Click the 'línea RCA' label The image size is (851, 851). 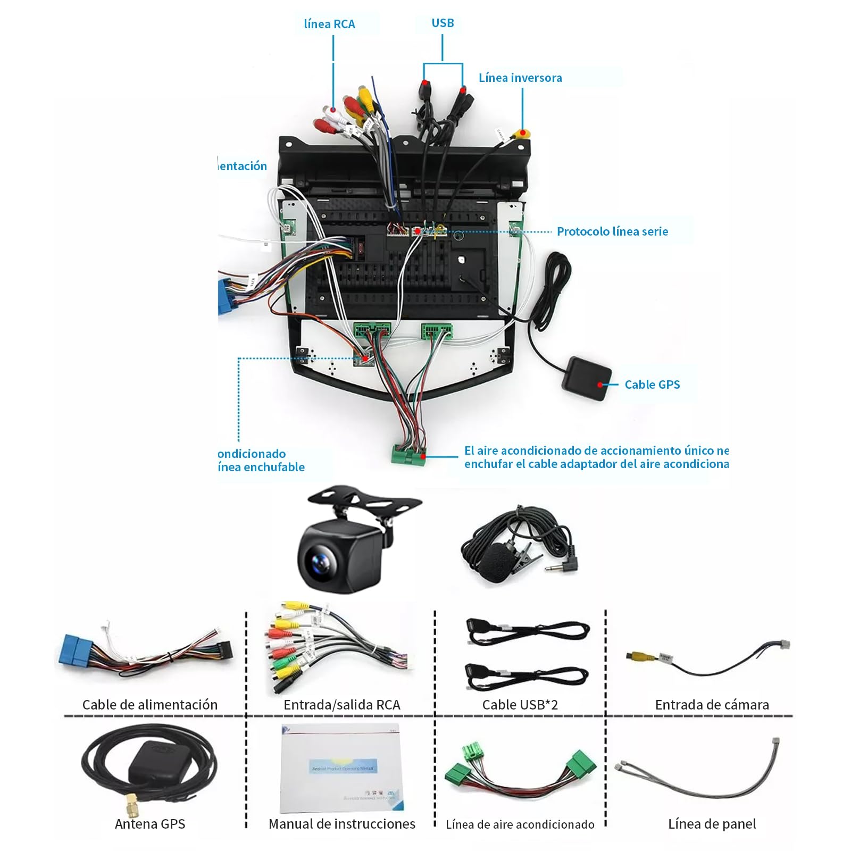329,24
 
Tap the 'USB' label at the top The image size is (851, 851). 443,23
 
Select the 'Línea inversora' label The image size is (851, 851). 520,78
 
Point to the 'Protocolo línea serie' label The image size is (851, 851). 612,231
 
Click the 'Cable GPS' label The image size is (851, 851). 652,385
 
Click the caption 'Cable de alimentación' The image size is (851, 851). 150,705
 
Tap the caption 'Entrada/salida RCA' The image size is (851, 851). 341,705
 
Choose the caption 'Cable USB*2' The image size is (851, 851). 520,705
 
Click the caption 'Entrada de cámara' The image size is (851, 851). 712,705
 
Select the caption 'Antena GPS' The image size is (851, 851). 150,824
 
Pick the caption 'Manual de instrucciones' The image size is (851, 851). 341,824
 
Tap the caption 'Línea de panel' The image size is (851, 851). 712,824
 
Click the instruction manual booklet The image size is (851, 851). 340,769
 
